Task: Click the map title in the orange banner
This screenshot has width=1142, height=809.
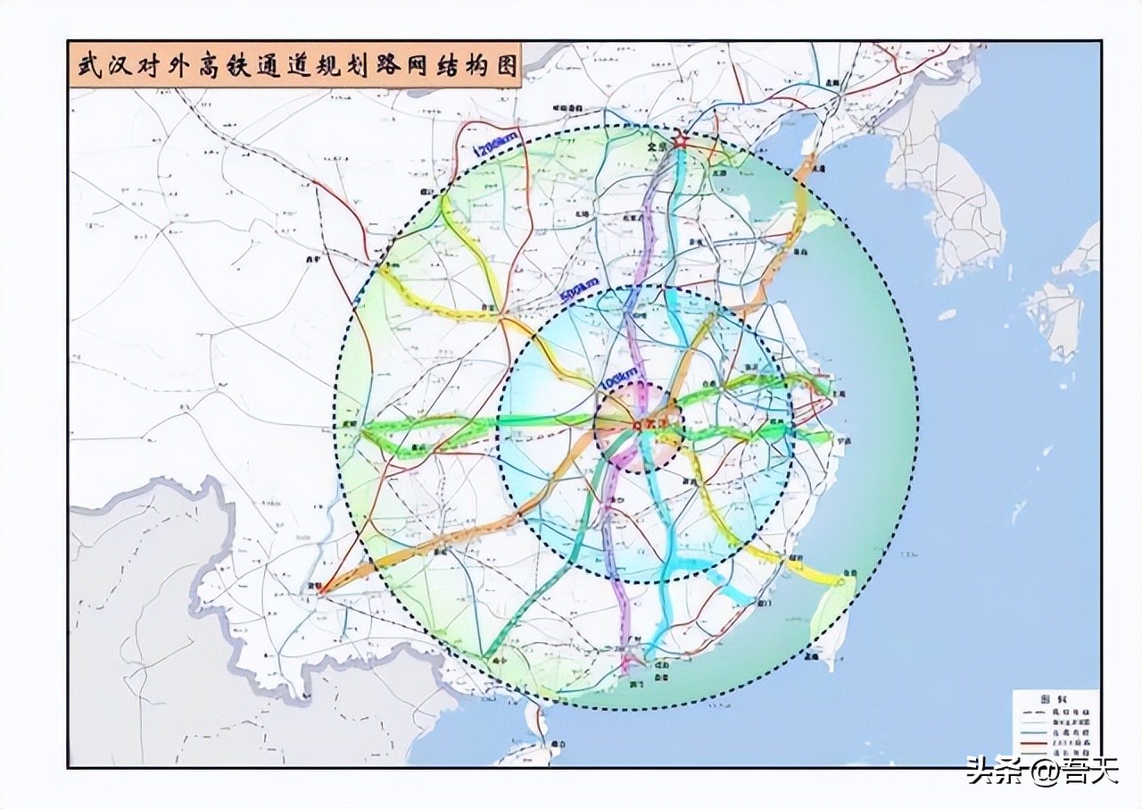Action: click(295, 68)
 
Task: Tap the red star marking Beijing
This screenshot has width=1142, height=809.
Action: click(681, 140)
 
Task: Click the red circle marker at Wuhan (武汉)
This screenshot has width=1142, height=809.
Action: click(636, 424)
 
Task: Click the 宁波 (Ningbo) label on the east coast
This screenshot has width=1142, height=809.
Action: click(842, 440)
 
